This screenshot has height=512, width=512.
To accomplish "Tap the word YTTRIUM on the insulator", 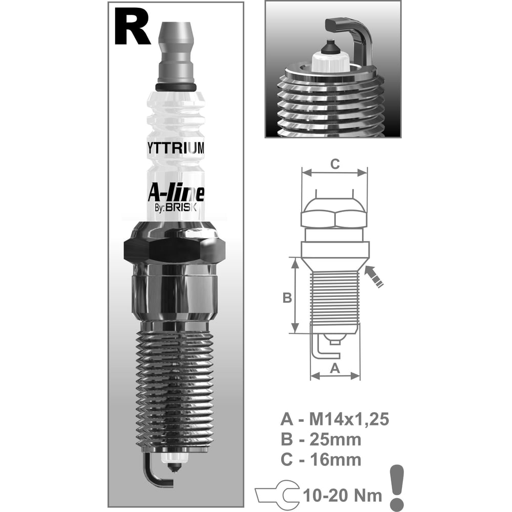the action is pos(176,148).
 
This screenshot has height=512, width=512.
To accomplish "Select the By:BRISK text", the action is pos(175,208).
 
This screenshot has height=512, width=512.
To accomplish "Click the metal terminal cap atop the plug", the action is pos(176,53).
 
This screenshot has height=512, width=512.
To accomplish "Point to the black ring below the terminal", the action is pos(176,87).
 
